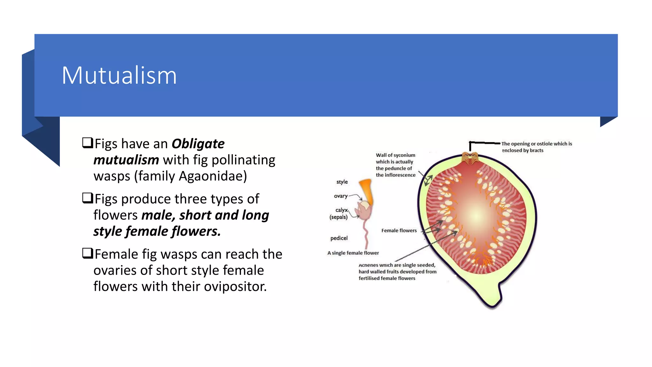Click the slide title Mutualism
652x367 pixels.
[x=119, y=76]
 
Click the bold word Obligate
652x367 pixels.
[x=198, y=144]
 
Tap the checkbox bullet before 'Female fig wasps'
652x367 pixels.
[x=88, y=253]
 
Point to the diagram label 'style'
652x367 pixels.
[x=342, y=182]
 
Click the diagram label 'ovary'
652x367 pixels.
[x=340, y=196]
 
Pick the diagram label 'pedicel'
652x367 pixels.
[x=339, y=238]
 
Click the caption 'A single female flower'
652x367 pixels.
[x=353, y=253]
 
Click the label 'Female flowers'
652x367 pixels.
[x=399, y=230]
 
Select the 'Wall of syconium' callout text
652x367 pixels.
[x=395, y=165]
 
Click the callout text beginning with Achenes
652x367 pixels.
[x=397, y=271]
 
